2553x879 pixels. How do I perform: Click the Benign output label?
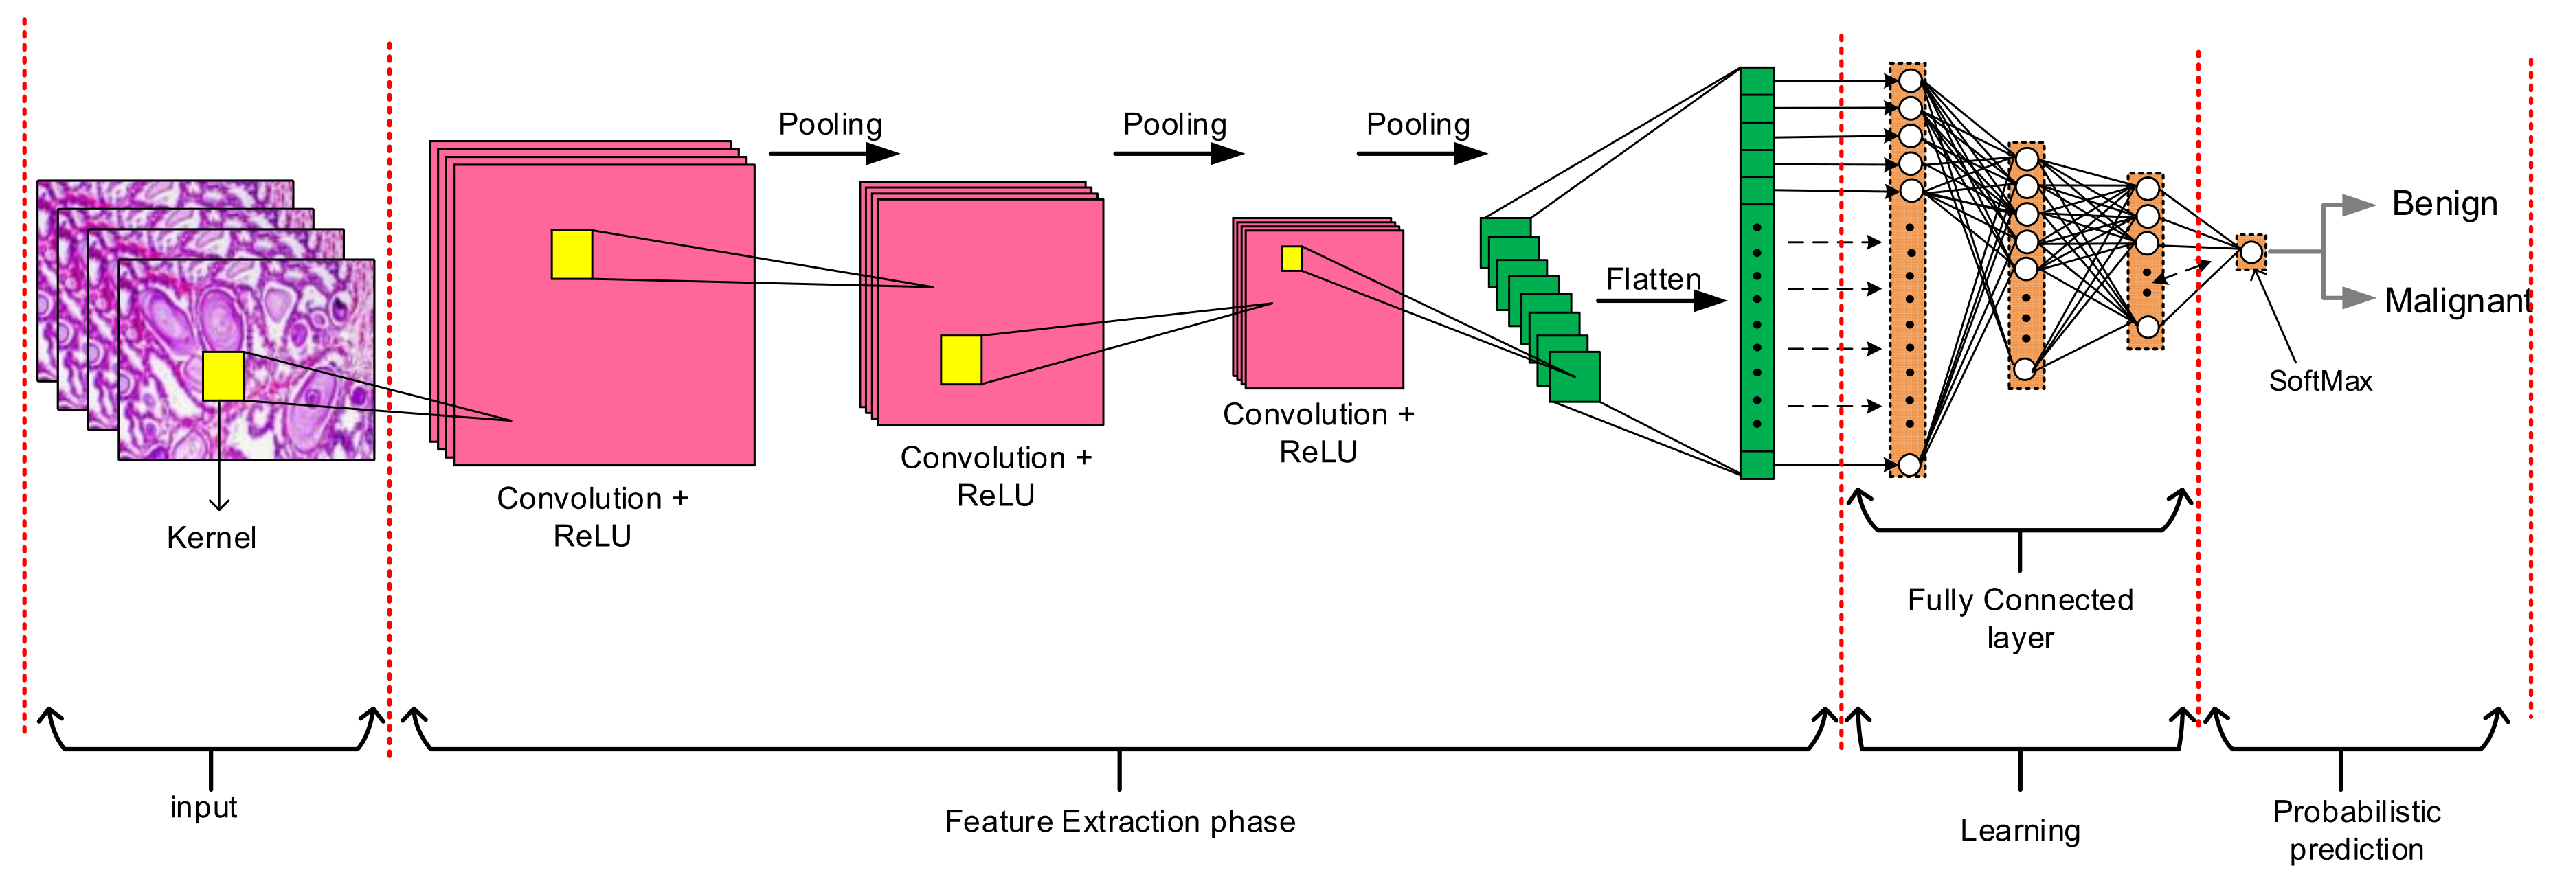click(2444, 204)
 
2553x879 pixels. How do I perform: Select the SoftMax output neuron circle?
click(2251, 253)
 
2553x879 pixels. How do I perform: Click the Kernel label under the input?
click(211, 538)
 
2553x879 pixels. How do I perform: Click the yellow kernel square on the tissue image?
click(223, 376)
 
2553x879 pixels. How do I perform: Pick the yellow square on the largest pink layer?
click(572, 255)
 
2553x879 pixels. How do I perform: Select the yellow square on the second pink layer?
click(960, 360)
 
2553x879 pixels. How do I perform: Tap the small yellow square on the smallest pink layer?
click(1292, 259)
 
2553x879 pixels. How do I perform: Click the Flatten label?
click(1653, 279)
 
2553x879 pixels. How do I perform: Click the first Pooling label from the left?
click(829, 125)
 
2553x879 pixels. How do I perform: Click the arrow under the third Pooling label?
click(1421, 154)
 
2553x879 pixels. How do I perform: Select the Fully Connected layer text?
click(2020, 618)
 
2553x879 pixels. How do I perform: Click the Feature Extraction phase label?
click(1120, 821)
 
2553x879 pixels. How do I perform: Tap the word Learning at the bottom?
click(2020, 830)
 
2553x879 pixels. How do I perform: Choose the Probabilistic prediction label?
click(2356, 830)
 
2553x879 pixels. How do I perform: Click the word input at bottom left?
click(203, 808)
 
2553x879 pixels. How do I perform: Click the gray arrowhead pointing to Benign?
click(2360, 205)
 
